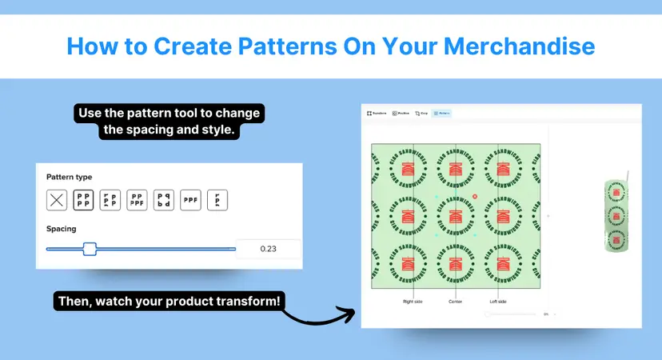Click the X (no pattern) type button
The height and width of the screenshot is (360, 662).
57,200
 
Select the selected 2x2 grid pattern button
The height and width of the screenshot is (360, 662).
83,200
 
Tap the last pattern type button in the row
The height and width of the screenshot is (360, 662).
217,200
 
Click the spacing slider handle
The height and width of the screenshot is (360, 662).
90,249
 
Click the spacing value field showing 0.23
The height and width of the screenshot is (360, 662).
268,249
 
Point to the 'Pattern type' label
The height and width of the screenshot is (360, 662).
69,176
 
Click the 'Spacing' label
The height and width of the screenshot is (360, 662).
62,229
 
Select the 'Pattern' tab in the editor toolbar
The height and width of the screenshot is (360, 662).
441,114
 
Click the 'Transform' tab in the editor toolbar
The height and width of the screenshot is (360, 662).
377,114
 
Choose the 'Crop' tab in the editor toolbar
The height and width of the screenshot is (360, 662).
421,114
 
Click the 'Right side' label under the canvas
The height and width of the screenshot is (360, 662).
413,302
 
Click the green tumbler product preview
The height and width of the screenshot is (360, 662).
616,216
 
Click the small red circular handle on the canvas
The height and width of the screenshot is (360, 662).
475,196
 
